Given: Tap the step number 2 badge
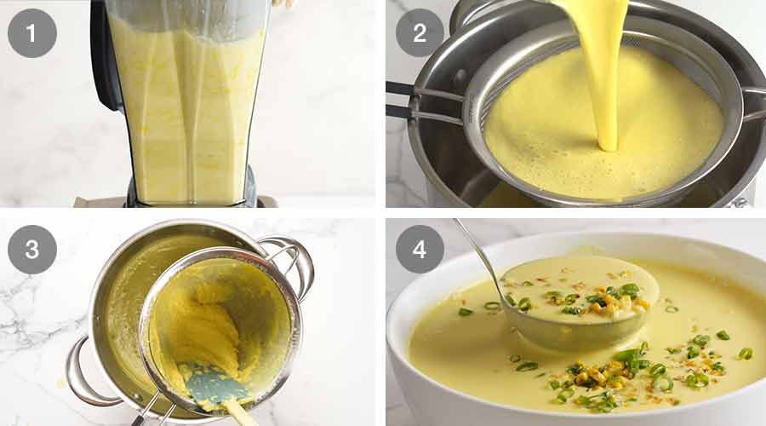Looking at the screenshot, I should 420,32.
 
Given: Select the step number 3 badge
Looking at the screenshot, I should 32,249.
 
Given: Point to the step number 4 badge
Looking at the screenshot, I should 420,249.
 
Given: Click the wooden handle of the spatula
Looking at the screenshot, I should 239,413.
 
